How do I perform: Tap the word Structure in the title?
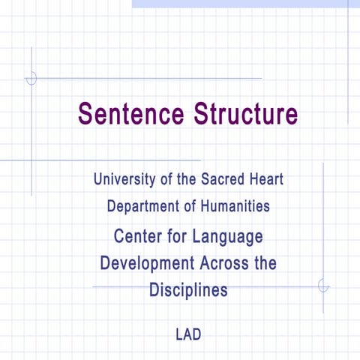(244, 114)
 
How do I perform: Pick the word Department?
(144, 205)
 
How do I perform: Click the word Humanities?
(235, 205)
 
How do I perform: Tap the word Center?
(138, 237)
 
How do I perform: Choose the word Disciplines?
(188, 289)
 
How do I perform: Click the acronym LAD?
(188, 334)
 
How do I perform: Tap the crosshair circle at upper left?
(31, 78)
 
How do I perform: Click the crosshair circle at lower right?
(323, 286)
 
